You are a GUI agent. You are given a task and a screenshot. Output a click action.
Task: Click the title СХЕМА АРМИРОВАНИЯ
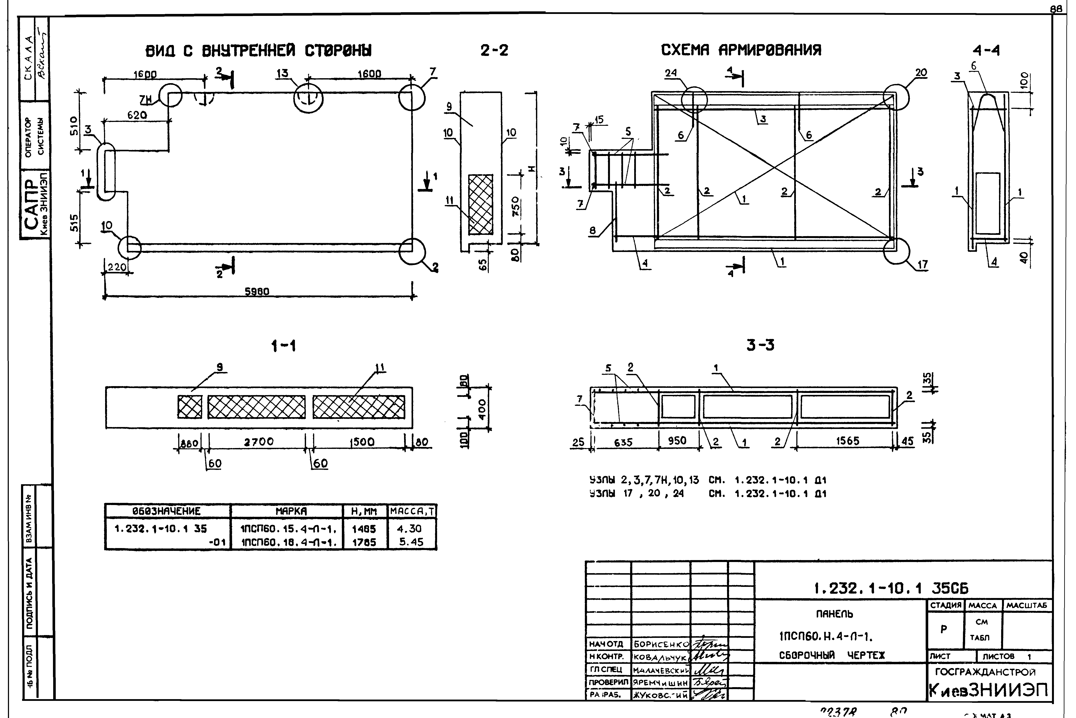[741, 50]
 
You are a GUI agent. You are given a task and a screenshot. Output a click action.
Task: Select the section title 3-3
[760, 345]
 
